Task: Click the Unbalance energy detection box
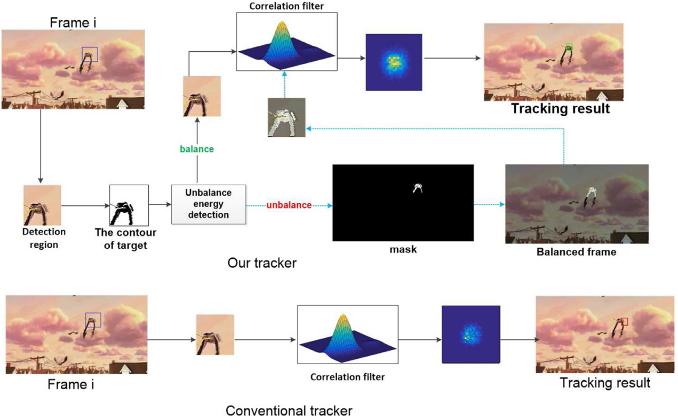[x=209, y=204]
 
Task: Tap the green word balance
[x=196, y=149]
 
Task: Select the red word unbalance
[x=289, y=205]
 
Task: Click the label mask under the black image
[x=403, y=249]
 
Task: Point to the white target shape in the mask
[x=418, y=188]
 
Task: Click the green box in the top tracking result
[x=569, y=47]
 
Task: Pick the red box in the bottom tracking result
[x=625, y=321]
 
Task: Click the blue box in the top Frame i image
[x=90, y=54]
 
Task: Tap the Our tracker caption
[x=261, y=263]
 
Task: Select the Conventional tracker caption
[x=289, y=410]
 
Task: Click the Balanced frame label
[x=576, y=251]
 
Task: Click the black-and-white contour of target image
[x=129, y=205]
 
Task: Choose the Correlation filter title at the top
[x=286, y=6]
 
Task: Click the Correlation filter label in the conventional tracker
[x=347, y=377]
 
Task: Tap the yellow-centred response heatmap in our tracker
[x=394, y=62]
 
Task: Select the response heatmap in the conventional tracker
[x=470, y=334]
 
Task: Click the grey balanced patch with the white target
[x=286, y=117]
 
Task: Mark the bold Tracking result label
[x=560, y=109]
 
